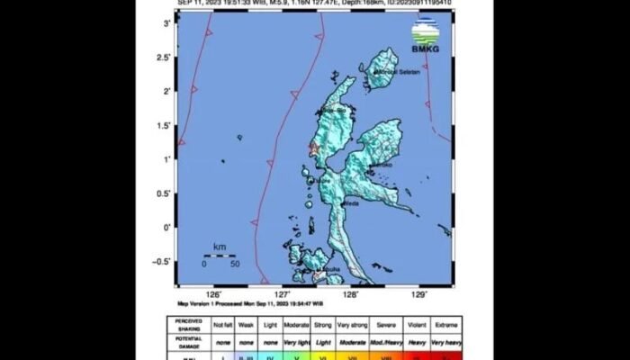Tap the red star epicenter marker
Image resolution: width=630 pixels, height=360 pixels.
tap(314, 148)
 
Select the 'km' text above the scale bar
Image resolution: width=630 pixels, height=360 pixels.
tap(220, 246)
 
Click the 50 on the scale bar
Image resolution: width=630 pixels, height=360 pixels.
tap(234, 264)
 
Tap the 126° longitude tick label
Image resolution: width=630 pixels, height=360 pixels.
tap(214, 293)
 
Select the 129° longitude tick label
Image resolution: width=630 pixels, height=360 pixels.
tap(420, 293)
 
